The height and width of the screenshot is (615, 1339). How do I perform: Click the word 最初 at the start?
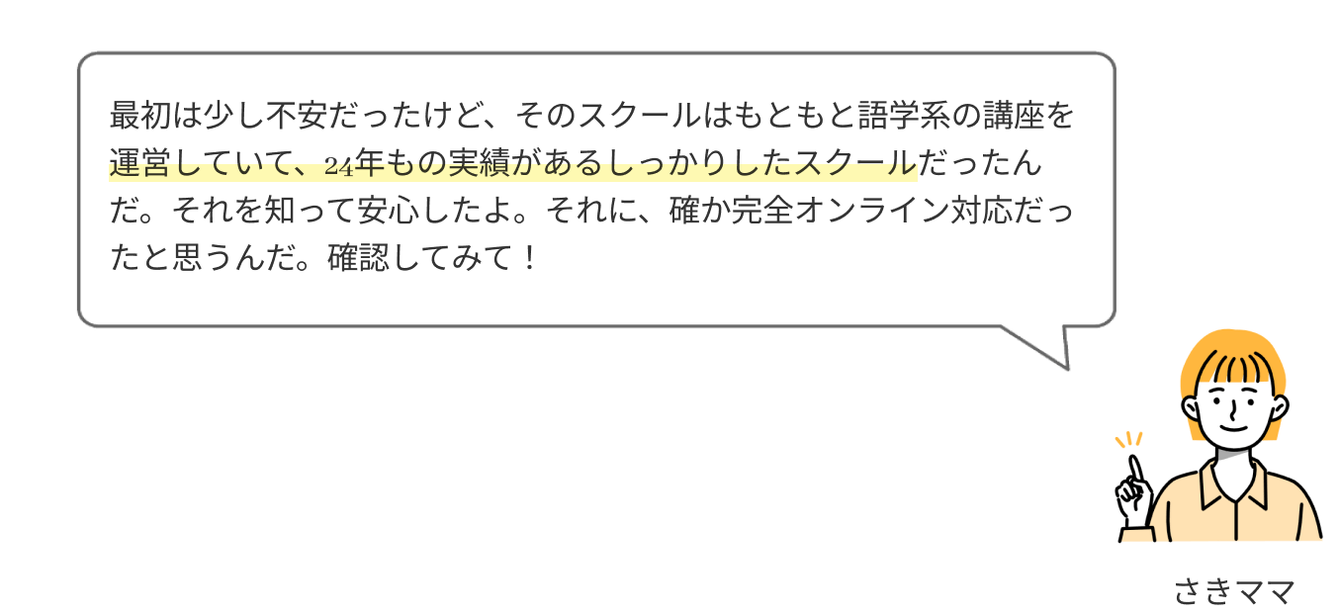pos(140,116)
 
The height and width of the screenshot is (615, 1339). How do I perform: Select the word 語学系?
pos(905,116)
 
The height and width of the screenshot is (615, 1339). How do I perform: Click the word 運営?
pos(140,163)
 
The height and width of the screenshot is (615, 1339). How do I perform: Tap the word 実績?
pos(479,163)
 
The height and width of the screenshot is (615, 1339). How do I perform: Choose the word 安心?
pos(390,211)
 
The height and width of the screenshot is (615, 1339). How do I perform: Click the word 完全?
pos(762,211)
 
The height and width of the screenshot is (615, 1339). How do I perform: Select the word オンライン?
pos(872,211)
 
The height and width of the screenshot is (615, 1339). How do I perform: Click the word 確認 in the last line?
pos(359,258)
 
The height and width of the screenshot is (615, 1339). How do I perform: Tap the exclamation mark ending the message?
pos(529,258)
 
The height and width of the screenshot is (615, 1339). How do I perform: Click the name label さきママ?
pos(1234,592)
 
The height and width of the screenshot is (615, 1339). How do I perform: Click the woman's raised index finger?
pos(1135,471)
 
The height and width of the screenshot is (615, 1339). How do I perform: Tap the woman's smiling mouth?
pos(1234,427)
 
